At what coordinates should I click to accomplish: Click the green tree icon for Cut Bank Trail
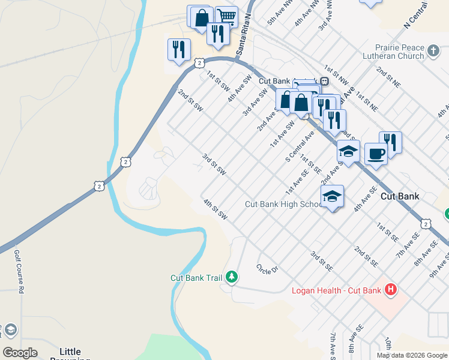232,277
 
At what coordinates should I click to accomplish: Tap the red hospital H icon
391,290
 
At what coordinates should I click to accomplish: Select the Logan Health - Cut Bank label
336,291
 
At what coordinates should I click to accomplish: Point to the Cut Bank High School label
284,204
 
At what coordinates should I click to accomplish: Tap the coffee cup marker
376,154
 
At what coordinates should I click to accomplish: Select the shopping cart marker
226,16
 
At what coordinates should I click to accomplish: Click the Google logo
20,353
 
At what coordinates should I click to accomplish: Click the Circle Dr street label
267,269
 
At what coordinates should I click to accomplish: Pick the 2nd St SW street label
190,100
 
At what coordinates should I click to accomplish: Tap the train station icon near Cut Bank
324,81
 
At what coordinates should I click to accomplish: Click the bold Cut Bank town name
400,196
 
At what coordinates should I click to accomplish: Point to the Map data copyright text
411,355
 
